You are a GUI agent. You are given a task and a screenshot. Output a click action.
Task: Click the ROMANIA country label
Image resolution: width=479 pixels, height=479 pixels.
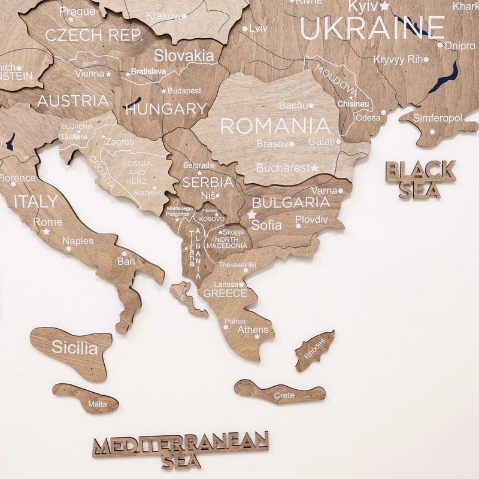pos(275,126)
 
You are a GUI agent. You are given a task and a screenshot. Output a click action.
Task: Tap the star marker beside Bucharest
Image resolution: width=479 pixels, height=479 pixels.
pos(315,168)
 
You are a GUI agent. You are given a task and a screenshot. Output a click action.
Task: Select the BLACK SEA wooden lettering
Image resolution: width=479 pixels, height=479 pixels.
pos(420,179)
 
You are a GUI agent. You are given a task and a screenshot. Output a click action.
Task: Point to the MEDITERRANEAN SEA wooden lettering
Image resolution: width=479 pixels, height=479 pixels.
pos(181,450)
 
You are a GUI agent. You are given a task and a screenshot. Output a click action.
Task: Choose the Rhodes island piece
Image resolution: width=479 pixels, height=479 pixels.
pos(315,350)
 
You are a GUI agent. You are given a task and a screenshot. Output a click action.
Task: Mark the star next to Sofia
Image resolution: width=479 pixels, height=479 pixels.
pos(252,214)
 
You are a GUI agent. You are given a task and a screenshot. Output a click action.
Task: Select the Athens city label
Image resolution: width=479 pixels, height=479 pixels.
pos(253,329)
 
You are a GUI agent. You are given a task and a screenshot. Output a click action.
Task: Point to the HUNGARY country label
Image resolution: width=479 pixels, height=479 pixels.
pos(166,109)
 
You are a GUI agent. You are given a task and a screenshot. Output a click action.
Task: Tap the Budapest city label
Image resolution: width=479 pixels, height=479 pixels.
pos(184,90)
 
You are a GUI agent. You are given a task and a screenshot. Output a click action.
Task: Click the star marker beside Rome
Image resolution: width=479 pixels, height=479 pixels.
pos(46,231)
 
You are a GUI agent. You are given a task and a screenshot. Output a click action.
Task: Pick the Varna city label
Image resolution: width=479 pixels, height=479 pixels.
pos(324,191)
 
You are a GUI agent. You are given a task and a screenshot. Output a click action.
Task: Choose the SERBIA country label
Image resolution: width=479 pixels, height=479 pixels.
pos(207,181)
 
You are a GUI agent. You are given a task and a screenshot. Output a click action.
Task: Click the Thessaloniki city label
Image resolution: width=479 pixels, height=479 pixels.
pos(237,265)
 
